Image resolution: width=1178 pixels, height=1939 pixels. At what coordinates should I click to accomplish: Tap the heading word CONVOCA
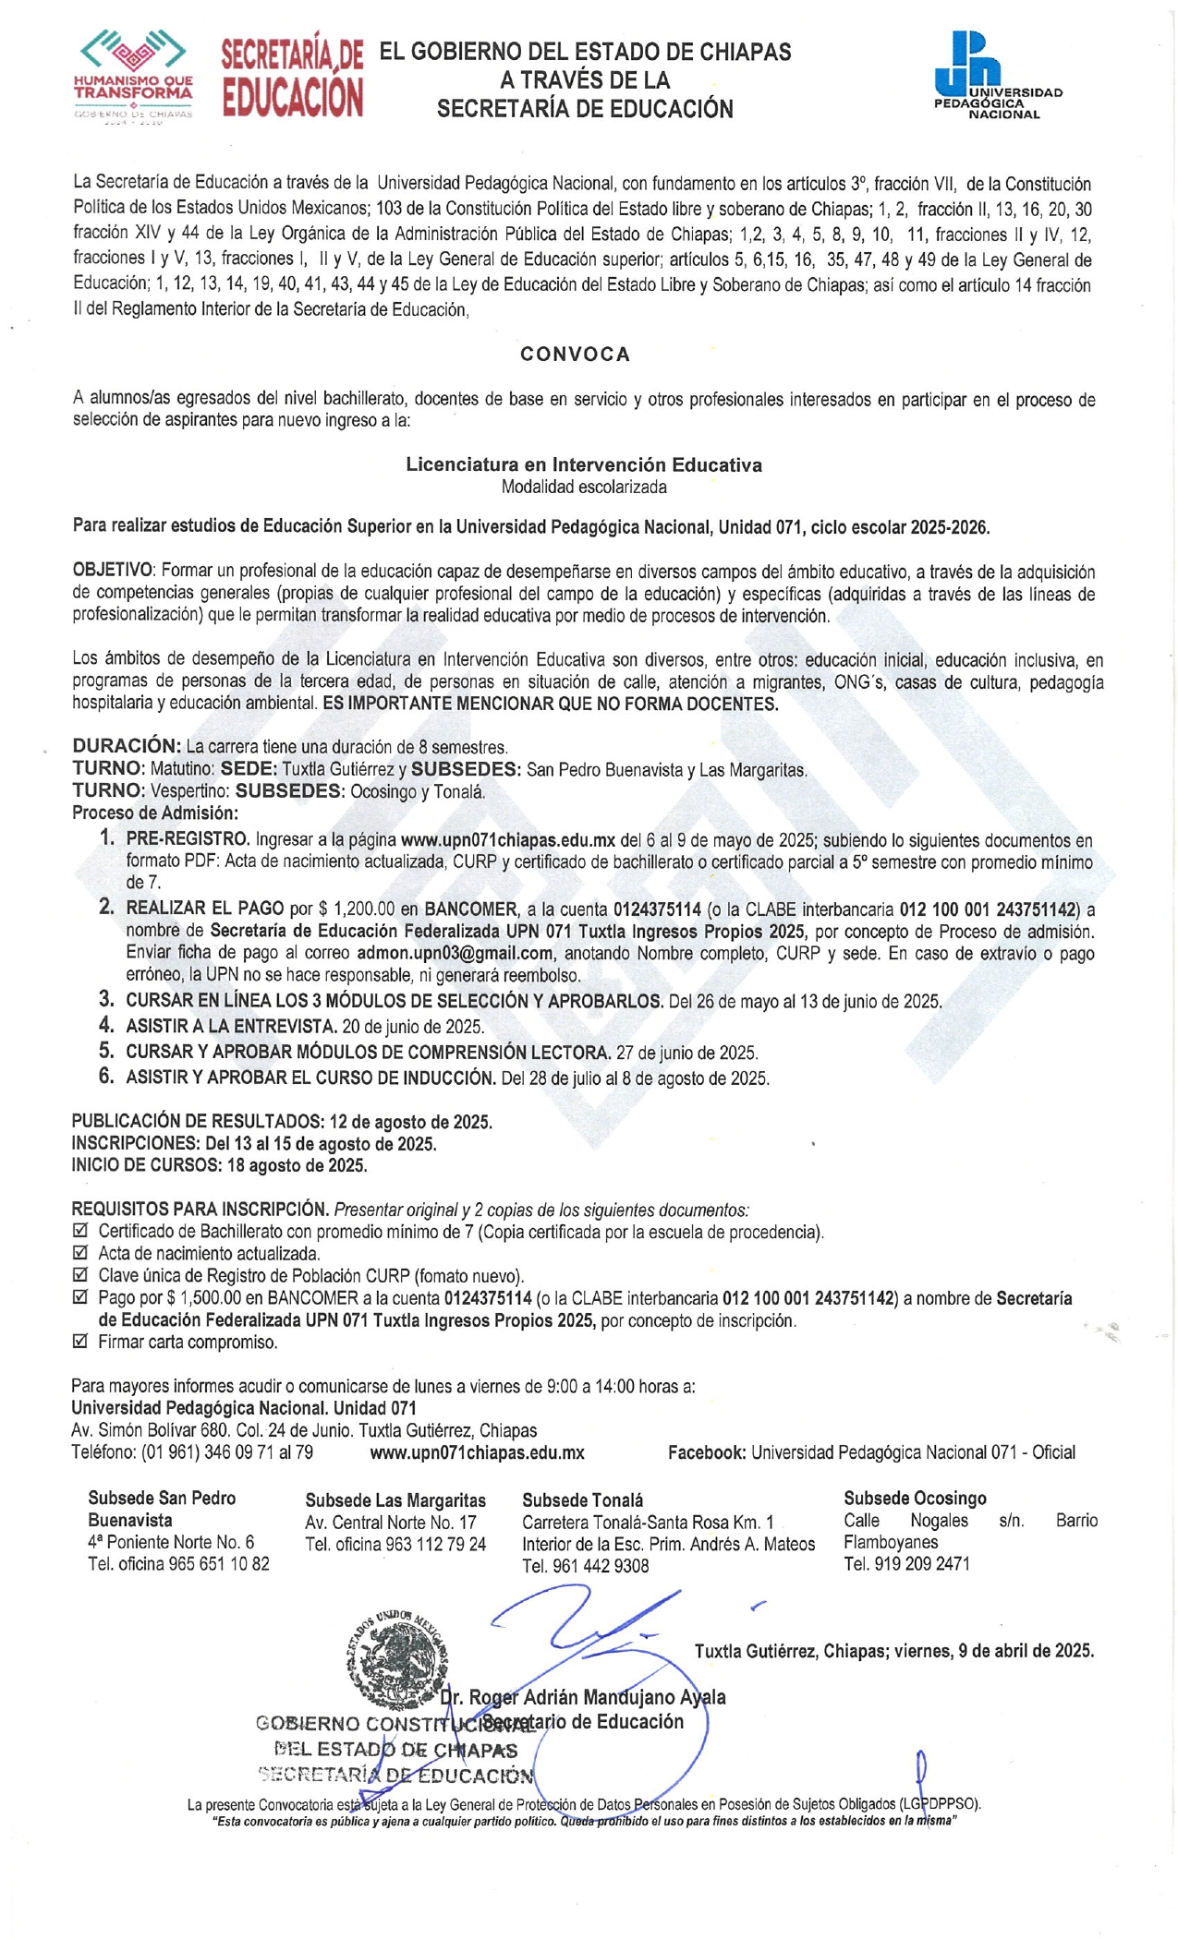coord(575,355)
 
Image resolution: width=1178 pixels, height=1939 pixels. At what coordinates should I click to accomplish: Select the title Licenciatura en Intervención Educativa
coord(584,464)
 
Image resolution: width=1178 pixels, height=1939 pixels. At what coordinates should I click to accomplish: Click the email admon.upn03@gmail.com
coord(455,953)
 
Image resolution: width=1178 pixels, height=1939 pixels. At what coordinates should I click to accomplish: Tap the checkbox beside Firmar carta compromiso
coord(79,1342)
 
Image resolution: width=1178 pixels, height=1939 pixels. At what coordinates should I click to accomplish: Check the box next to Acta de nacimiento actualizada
coord(79,1253)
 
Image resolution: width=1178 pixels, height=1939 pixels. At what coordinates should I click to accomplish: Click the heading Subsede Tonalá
coord(582,1500)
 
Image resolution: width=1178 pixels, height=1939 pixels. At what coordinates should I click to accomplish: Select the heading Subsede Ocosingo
coord(915,1498)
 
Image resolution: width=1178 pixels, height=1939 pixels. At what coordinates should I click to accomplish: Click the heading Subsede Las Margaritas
coord(395,1500)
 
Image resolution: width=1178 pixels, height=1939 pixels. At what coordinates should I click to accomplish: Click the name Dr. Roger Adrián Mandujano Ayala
coord(583,1697)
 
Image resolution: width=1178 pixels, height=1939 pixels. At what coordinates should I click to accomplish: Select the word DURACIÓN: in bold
coord(127,746)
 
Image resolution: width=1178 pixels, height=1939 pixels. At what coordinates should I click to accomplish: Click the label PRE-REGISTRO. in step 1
coord(188,840)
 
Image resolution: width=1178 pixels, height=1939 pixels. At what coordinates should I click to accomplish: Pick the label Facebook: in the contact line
coord(706,1452)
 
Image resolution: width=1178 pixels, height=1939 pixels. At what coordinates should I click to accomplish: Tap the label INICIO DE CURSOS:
coord(146,1165)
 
